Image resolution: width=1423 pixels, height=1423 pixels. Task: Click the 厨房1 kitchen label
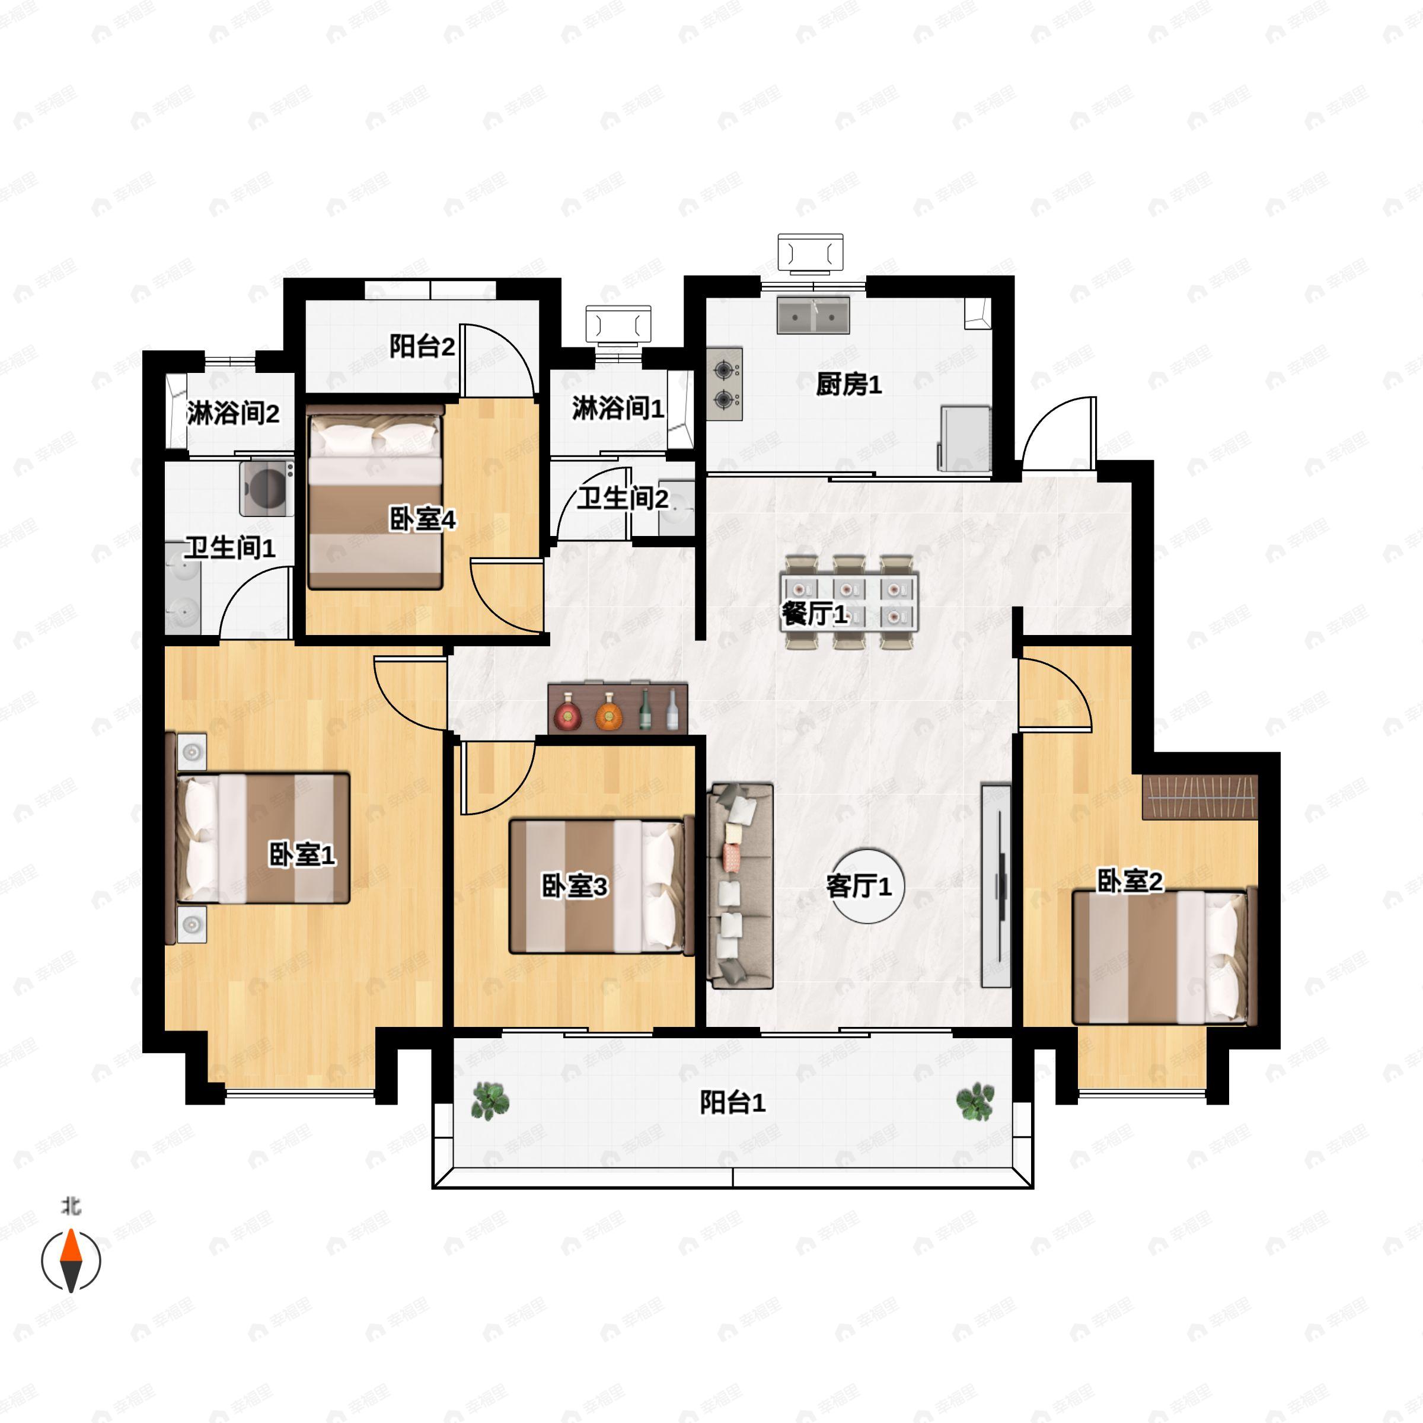pyautogui.click(x=848, y=384)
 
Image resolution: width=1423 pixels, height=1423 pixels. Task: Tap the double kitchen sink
pyautogui.click(x=813, y=315)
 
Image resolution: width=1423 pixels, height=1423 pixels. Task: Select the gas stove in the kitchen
pyautogui.click(x=725, y=384)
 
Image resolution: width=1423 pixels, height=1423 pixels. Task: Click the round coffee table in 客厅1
pyautogui.click(x=869, y=885)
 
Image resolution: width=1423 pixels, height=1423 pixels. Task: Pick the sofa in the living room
pyautogui.click(x=740, y=885)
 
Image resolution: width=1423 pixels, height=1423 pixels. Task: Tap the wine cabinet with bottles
pyautogui.click(x=618, y=708)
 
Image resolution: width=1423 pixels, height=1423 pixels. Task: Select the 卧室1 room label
pyautogui.click(x=302, y=855)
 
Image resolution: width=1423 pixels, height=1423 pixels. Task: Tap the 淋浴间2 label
pyautogui.click(x=233, y=413)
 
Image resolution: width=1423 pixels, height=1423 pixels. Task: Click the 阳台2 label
pyautogui.click(x=422, y=346)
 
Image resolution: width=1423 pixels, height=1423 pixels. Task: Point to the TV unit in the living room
pyautogui.click(x=997, y=885)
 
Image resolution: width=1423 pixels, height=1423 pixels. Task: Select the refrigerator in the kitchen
pyautogui.click(x=964, y=438)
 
